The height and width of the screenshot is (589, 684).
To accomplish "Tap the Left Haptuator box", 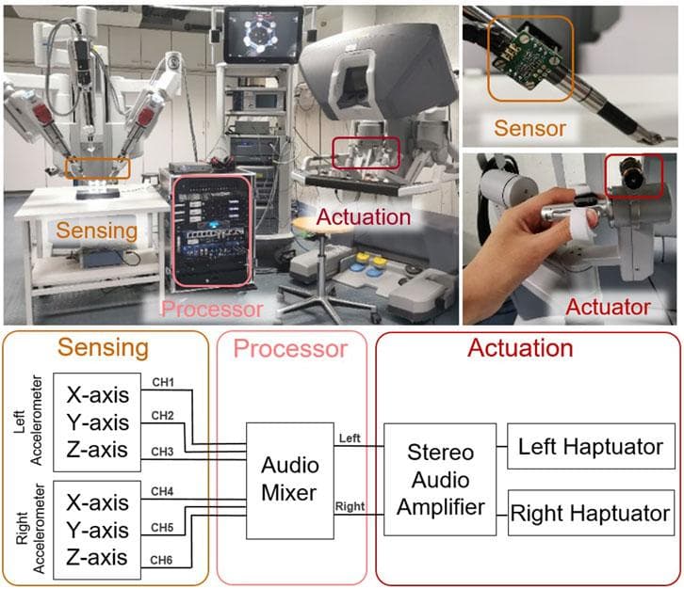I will (591, 447).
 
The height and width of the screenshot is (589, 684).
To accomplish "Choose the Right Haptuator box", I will (591, 515).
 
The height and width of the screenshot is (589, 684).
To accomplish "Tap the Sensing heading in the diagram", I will (104, 348).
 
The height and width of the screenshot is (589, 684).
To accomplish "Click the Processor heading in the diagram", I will (290, 349).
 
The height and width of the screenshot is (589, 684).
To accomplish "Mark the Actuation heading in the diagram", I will (521, 348).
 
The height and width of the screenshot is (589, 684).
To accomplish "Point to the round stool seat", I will (318, 227).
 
